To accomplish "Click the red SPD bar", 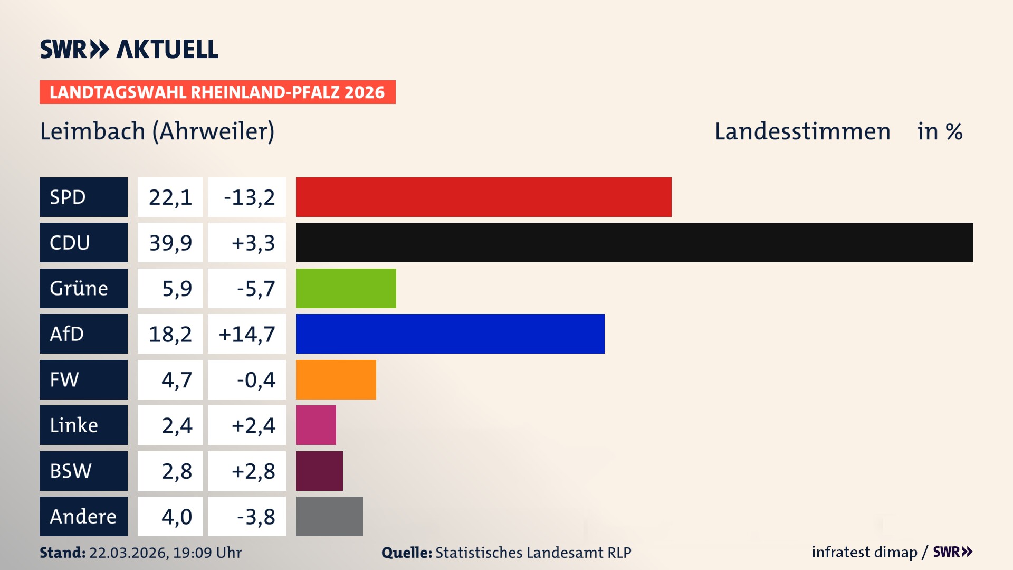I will tap(483, 197).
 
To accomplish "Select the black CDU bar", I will tap(634, 242).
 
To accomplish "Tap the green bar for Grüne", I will tap(346, 288).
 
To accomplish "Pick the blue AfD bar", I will tap(450, 334).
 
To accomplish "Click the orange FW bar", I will tap(336, 379).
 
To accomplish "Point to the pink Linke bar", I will tap(316, 425).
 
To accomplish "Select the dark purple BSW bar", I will tap(319, 471).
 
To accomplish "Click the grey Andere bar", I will tap(329, 516).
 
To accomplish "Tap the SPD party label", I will tap(83, 197).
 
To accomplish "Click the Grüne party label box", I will tap(83, 288).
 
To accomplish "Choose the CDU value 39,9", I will tap(170, 243).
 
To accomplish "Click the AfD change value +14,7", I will tap(247, 334).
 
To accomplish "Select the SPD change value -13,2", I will tap(247, 197).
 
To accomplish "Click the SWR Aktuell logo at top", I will tap(129, 49).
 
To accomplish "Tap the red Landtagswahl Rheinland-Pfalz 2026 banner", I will tap(217, 92).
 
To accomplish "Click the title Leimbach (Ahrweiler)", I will tap(157, 131).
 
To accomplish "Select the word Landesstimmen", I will tap(802, 131).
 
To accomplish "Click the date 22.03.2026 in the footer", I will tap(128, 553).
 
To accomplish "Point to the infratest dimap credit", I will tap(864, 552).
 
